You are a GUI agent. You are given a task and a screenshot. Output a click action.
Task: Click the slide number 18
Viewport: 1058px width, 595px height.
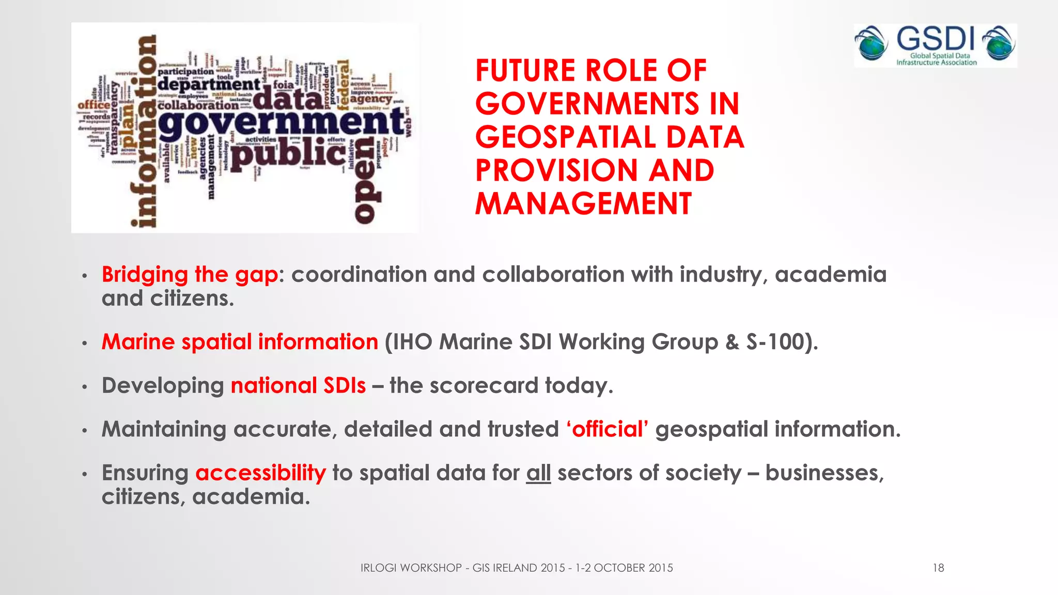pos(938,568)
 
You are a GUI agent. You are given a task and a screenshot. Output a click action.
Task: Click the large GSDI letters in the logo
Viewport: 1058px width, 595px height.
pos(935,39)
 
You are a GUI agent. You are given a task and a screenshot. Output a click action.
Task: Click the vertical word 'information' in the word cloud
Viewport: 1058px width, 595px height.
pos(145,132)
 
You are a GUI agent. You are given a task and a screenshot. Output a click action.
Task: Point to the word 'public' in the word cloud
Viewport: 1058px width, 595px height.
pos(288,154)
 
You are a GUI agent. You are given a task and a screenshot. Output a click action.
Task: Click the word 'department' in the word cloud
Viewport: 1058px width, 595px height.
pos(209,84)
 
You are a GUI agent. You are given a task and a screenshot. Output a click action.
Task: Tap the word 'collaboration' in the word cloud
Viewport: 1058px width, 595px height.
pos(198,105)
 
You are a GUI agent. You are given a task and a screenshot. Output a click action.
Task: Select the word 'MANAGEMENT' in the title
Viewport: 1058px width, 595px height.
pos(583,203)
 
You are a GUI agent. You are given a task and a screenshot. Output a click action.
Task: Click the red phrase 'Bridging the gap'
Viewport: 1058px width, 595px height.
pos(190,275)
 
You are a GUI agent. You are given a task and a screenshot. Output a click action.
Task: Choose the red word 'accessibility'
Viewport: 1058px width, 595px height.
pos(260,473)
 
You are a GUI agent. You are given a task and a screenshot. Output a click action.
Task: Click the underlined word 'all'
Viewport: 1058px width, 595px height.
pos(538,473)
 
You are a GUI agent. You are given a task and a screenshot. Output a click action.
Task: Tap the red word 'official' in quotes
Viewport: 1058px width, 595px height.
pos(607,429)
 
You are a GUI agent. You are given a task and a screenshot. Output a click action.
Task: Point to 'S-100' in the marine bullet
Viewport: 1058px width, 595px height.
pos(775,342)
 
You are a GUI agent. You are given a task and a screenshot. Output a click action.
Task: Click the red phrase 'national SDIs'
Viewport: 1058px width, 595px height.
pos(298,386)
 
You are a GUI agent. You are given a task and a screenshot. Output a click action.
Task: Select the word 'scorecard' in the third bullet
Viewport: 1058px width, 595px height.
pos(484,386)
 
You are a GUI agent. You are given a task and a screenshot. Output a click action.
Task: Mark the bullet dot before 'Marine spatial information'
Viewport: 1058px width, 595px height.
pos(84,343)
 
